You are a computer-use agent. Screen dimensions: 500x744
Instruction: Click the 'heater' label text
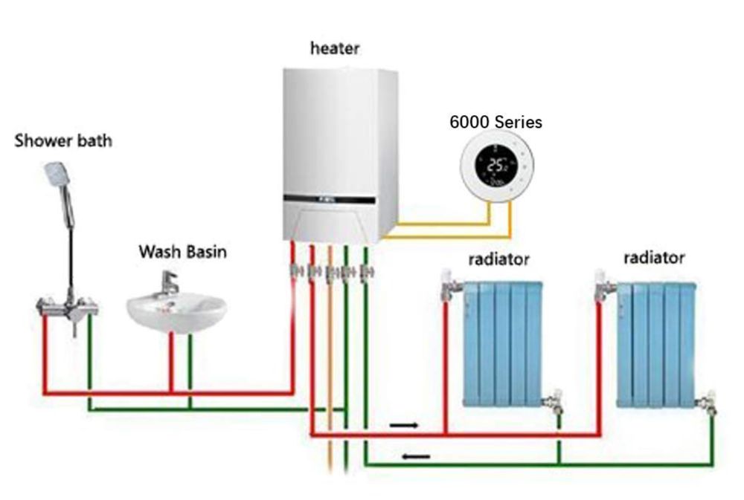(x=335, y=49)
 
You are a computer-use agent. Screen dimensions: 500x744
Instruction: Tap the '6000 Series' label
(x=496, y=122)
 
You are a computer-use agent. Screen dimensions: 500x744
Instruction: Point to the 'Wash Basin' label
(x=183, y=252)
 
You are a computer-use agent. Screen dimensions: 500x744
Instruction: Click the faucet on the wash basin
(x=170, y=282)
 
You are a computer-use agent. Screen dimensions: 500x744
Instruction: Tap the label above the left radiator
(x=498, y=259)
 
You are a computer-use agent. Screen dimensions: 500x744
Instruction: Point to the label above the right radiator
(x=653, y=258)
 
